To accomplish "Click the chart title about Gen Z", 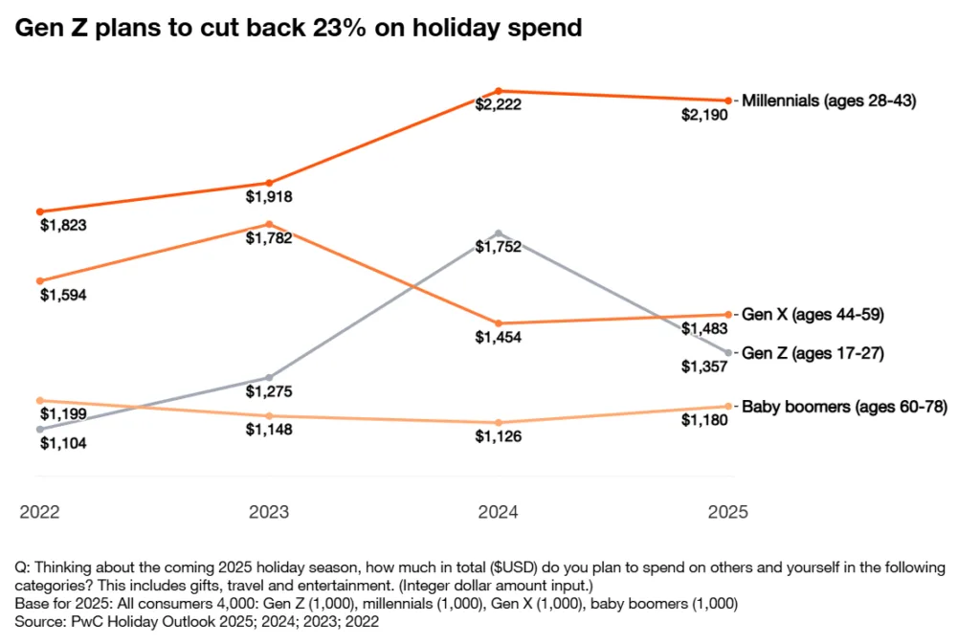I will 298,29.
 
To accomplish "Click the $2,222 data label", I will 498,105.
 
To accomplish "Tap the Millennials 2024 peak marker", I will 498,91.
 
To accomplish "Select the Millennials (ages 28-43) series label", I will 829,100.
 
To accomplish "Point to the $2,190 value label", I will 704,115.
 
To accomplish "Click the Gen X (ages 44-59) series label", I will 813,314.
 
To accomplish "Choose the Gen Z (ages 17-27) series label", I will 813,353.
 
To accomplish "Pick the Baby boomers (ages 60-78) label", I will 845,407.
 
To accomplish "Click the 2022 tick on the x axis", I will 39,512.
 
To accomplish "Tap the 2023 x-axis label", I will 269,512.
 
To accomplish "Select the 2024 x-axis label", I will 498,512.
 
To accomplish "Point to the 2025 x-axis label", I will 727,512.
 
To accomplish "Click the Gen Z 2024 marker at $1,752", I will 498,233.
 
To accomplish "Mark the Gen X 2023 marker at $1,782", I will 269,224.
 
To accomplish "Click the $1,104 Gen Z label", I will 63,443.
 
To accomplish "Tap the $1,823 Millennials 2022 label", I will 63,226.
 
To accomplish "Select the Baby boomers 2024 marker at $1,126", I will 498,422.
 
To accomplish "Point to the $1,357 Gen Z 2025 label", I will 704,366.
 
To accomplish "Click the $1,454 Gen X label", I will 498,338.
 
